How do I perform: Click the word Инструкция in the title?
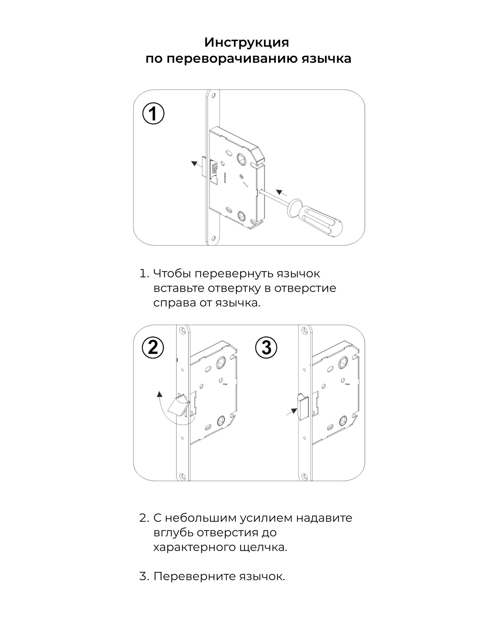[247, 42]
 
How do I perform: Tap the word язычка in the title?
[327, 59]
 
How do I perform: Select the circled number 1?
[153, 114]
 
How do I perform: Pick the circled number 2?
[153, 348]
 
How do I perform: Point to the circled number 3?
[266, 348]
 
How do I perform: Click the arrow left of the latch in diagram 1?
[197, 164]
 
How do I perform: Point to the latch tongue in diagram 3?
[303, 406]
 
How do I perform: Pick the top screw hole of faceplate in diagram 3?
[304, 331]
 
